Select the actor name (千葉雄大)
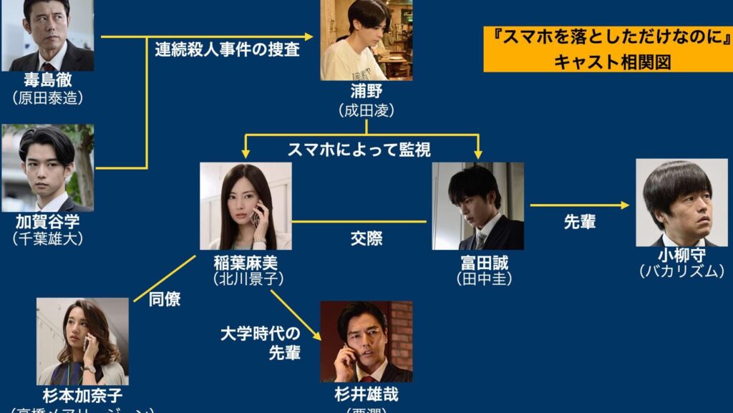coord(47,238)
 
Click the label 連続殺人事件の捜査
coord(227,50)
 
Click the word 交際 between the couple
coord(366,239)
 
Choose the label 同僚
coord(165,298)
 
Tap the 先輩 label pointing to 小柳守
coord(580,222)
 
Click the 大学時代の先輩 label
coord(261,342)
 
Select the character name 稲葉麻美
coord(244,261)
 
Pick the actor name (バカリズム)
coord(681,271)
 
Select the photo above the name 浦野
coord(366,40)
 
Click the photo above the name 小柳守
coord(681,203)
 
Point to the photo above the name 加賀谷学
coord(47,168)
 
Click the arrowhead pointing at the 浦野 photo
coord(309,36)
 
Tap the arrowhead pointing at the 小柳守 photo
coord(625,205)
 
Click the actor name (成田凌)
coord(366,112)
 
